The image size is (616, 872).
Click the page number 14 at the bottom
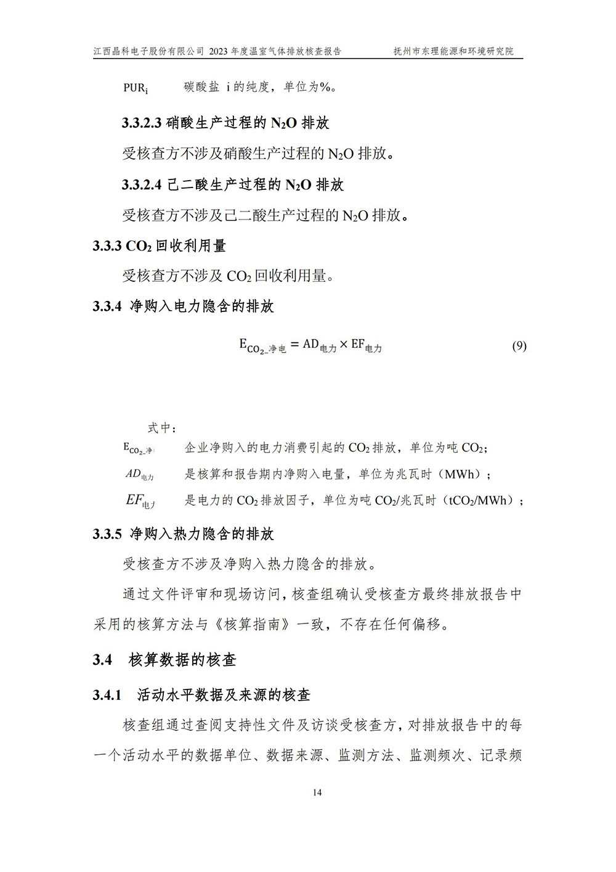pos(317,792)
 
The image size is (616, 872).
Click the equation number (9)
pos(519,346)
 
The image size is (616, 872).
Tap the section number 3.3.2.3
pos(142,123)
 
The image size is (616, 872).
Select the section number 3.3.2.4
pos(142,184)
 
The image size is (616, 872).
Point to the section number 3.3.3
pos(107,245)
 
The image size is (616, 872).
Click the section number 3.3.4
pos(107,306)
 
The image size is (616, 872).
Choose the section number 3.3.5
pos(107,534)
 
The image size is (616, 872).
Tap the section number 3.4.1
pos(107,695)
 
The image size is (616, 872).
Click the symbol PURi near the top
pos(136,88)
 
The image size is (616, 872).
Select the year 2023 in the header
pos(219,52)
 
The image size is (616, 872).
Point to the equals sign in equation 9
pos(294,345)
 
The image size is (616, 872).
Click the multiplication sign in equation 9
pos(344,345)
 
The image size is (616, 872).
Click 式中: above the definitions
pos(162,428)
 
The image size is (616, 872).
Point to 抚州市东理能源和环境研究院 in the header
pos(453,52)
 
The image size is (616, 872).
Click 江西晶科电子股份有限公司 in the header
pos(148,52)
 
